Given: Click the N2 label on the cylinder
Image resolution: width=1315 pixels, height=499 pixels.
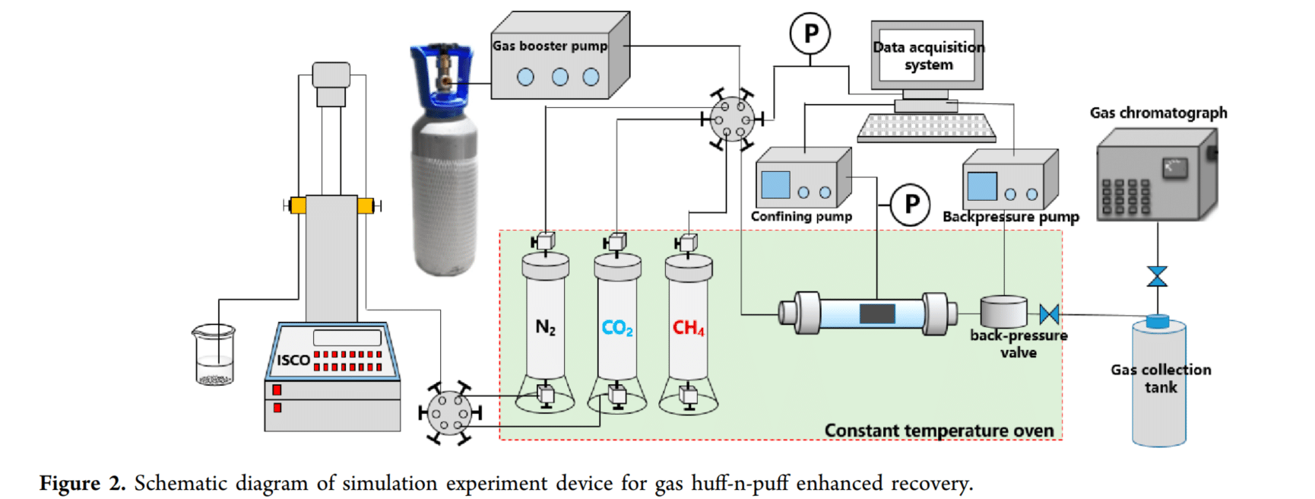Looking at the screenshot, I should [545, 327].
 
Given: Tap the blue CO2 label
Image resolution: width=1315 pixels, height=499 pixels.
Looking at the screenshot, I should [616, 328].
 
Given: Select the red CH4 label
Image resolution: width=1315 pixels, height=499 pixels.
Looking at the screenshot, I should [688, 328].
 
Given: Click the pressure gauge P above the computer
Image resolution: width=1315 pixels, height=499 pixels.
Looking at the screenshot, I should [810, 34].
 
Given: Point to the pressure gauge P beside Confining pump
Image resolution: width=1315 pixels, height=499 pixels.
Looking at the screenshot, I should [910, 205].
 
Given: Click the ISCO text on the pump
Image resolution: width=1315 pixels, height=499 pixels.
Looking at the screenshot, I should [293, 360].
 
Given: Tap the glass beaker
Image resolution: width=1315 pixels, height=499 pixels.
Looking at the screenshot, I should [214, 354].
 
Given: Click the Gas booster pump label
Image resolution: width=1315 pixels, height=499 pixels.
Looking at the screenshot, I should [550, 46].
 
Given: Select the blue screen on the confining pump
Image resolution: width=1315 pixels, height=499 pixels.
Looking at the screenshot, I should [775, 185].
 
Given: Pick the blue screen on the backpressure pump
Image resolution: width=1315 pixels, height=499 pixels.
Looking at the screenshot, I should [981, 186].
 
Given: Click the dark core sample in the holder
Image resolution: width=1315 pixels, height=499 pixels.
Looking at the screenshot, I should [877, 313].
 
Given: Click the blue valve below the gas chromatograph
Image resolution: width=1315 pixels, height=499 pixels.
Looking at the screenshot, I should [1157, 276].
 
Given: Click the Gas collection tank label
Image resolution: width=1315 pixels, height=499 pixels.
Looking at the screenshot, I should [1161, 378].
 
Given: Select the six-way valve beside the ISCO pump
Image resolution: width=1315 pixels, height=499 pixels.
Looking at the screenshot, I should [449, 413].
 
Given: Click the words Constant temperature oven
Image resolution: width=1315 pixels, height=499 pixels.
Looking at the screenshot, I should [939, 431].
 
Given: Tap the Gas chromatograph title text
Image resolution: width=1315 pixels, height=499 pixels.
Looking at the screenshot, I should [1158, 113].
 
